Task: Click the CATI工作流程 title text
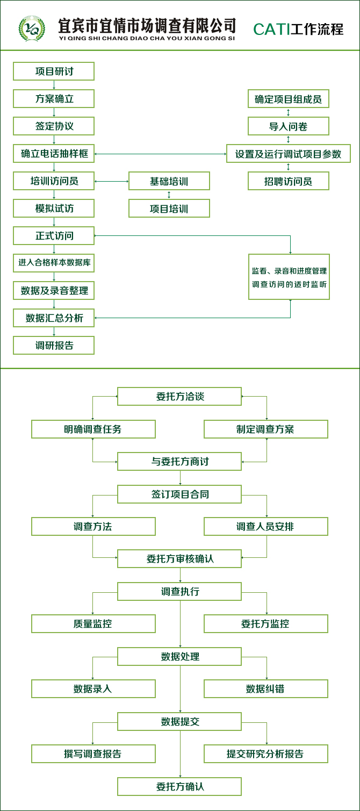pos(298,29)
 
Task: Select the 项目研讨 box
pos(54,71)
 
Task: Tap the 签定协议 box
pos(54,126)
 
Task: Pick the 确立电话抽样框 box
pos(54,154)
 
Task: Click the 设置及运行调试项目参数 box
pos(288,154)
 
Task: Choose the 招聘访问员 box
pos(288,181)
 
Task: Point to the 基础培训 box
pos(169,181)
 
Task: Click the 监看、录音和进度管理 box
pos(289,277)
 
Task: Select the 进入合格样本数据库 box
pos(54,263)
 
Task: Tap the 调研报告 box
pos(54,346)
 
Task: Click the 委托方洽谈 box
pos(179,397)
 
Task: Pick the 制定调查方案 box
pos(265,429)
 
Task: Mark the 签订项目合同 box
pos(179,494)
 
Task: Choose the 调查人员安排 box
pos(265,527)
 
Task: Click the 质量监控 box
pos(93,624)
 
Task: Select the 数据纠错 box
pos(265,689)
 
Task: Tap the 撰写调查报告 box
pos(93,754)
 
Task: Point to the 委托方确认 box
pos(179,787)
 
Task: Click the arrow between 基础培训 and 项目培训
pos(169,195)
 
